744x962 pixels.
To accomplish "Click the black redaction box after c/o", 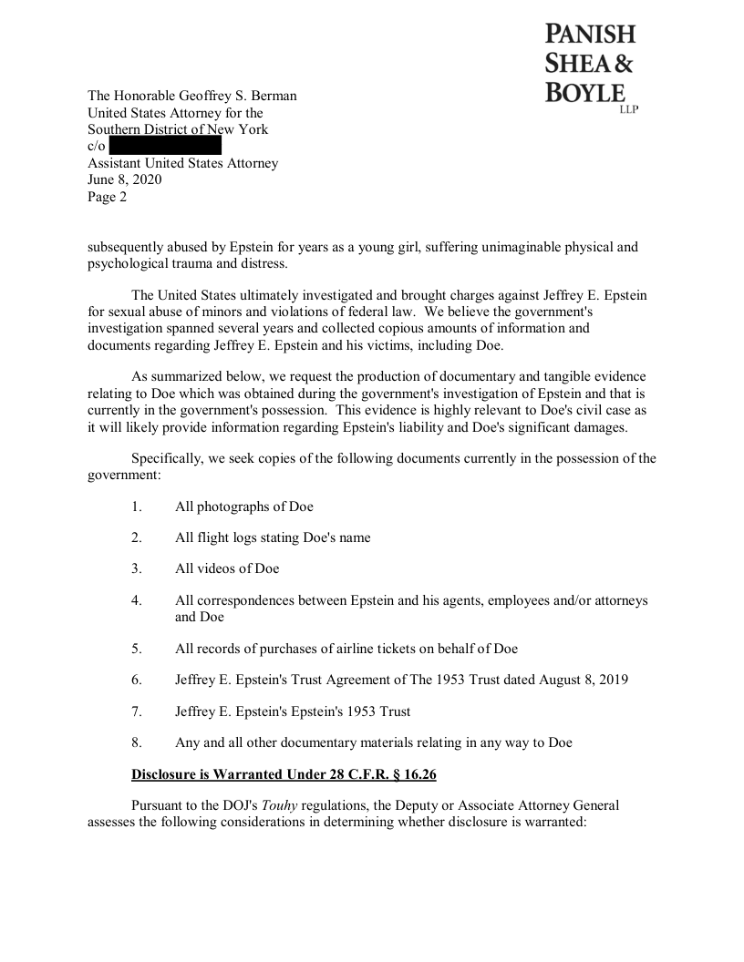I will (x=165, y=146).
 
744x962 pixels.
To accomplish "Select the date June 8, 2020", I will (x=125, y=179).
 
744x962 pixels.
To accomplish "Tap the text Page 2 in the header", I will (x=108, y=197).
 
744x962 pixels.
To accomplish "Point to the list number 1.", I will (x=136, y=507).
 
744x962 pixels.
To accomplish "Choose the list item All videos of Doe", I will (x=227, y=568).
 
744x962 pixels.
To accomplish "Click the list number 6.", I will (x=136, y=680).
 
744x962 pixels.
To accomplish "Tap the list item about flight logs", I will (x=273, y=537).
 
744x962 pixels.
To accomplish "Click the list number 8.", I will (x=136, y=742).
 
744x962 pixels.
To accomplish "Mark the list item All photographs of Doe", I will (x=244, y=507).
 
